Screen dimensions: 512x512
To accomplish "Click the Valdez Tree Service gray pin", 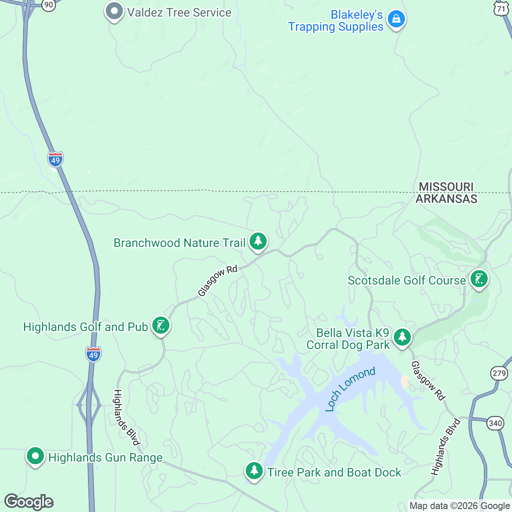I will pos(114,12).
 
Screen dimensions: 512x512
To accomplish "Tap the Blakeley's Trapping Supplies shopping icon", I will pos(396,19).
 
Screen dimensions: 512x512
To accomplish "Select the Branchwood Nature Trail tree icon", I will pos(258,241).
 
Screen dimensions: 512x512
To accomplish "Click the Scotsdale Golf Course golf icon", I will pos(479,279).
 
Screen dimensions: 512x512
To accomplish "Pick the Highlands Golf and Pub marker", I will pos(161,326).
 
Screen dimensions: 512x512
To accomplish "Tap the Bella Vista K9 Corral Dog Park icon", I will pos(402,337).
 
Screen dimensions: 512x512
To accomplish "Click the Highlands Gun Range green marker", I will pos(35,456).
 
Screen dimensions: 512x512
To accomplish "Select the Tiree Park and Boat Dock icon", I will pos(254,471).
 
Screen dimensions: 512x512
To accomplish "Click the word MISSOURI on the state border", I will pos(446,187).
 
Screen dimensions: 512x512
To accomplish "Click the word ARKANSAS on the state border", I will pos(446,199).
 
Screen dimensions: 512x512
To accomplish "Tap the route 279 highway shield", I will pos(499,373).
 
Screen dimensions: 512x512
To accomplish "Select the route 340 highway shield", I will pos(495,423).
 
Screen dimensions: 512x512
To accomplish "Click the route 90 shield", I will pos(49,5).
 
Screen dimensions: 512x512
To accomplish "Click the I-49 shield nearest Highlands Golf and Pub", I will pos(93,355).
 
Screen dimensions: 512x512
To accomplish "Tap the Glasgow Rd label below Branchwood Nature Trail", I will pos(218,281).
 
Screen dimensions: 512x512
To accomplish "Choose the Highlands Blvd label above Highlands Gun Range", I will pos(127,417).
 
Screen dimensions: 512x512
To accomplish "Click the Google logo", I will pos(29,502).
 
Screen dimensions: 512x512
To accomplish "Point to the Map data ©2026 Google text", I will pos(460,506).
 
